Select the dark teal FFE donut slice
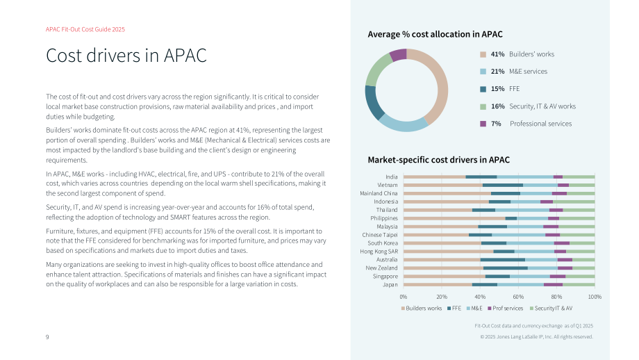[373, 102]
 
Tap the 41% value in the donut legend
[497, 54]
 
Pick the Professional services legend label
[540, 124]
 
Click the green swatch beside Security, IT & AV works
[483, 106]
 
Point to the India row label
[392, 177]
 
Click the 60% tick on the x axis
[518, 297]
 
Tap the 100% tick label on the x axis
[595, 297]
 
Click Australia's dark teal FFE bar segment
[502, 260]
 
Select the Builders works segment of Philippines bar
[454, 218]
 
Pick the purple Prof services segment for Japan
[553, 284]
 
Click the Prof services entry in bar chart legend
[506, 308]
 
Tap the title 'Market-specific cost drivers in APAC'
[438, 160]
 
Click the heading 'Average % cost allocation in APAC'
[435, 34]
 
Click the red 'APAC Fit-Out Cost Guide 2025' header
[85, 29]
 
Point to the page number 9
[47, 337]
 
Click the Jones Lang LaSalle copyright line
[536, 337]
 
